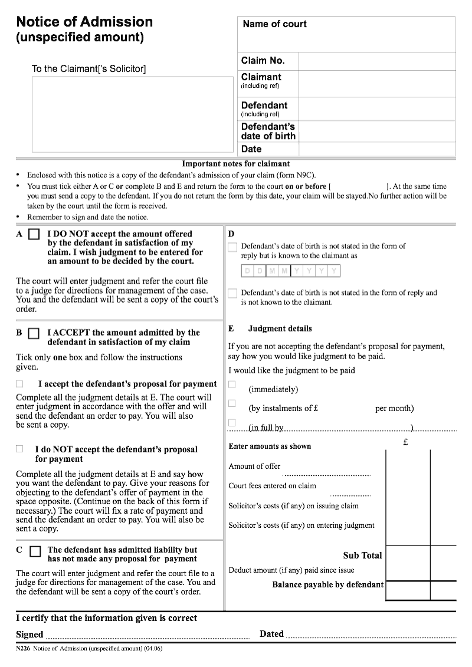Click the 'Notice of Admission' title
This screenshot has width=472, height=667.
84,22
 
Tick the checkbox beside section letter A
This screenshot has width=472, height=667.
35,235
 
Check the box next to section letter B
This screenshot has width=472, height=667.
35,334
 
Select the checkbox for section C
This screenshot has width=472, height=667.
35,551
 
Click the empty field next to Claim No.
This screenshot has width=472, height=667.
376,61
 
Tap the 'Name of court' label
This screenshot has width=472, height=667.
274,24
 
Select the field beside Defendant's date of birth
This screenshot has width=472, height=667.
376,131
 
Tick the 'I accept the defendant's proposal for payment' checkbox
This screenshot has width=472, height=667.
20,384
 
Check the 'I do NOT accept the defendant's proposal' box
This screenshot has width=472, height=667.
20,449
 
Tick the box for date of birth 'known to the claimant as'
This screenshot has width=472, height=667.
232,247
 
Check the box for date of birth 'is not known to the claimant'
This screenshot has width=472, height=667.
232,293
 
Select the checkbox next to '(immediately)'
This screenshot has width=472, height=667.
232,385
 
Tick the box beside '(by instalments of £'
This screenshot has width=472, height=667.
232,403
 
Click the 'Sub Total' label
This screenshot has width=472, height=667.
362,556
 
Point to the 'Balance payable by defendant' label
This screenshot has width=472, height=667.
327,585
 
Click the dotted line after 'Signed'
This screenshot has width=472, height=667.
147,636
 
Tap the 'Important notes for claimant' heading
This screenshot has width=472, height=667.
235,164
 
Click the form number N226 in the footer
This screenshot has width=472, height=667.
23,649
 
